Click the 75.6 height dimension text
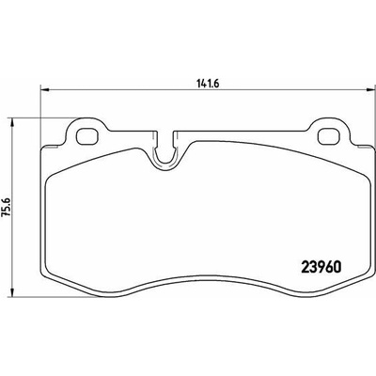6,207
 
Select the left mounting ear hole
87,136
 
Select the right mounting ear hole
329,136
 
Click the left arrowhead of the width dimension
45,90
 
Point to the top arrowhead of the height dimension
12,123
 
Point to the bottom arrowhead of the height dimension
12,291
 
